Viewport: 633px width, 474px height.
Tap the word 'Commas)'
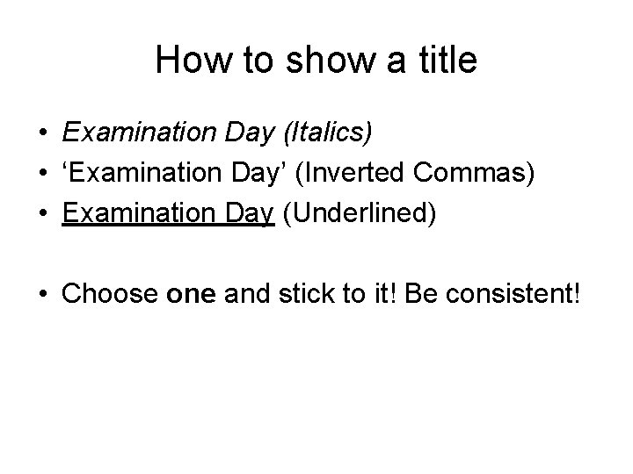click(477, 174)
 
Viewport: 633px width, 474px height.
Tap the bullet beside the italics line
click(42, 133)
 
